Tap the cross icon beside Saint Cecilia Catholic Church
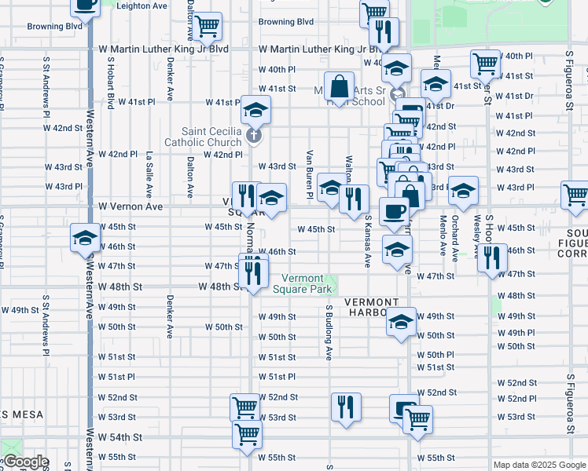coord(253,137)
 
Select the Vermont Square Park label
coord(303,283)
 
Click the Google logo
coord(25,462)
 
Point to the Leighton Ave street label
coord(141,5)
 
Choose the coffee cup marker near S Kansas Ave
coord(393,211)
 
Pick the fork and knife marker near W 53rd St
coord(345,407)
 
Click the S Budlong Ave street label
coord(329,332)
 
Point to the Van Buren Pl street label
coord(311,173)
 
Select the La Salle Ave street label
coord(149,175)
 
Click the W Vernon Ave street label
coord(130,206)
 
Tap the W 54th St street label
coord(120,437)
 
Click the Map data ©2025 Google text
coord(539,465)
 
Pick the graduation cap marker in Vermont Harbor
coord(401,322)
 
